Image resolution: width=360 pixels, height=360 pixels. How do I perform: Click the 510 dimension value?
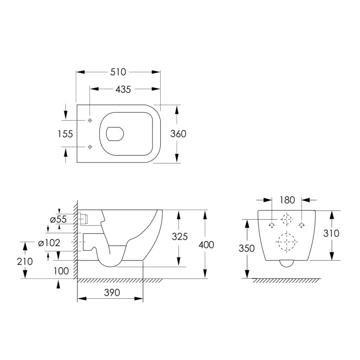118,72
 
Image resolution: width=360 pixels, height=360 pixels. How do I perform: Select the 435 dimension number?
123,89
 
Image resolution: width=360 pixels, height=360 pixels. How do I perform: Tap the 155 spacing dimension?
65,134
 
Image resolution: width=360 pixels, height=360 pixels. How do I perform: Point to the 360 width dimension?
178,134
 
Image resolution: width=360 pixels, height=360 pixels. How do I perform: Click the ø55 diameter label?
58,220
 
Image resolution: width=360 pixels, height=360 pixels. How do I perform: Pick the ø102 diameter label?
49,243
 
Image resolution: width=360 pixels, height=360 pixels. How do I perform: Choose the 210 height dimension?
25,261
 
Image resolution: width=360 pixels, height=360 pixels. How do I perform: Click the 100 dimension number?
61,271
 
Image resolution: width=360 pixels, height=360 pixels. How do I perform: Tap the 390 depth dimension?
112,293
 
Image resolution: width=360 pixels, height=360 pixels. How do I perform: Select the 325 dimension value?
180,237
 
